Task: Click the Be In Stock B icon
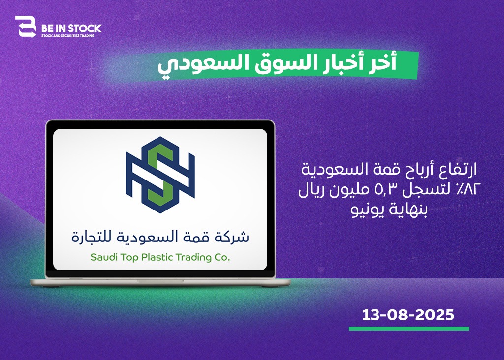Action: click(x=26, y=27)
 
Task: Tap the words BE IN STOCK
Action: click(x=71, y=29)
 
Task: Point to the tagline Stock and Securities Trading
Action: click(x=68, y=35)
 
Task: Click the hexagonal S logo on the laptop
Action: click(x=160, y=175)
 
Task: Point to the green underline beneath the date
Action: click(x=409, y=329)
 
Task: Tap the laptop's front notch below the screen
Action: click(x=160, y=281)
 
